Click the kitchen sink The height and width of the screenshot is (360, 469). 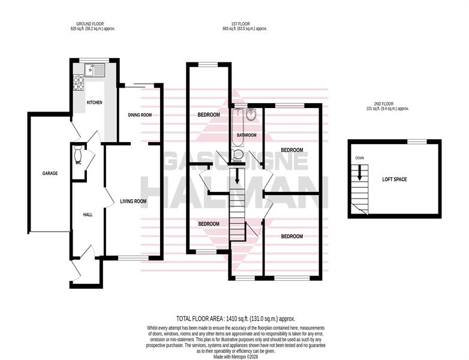coord(95,70)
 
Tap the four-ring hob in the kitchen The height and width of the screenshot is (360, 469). coord(79,83)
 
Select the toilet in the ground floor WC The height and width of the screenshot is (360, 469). coord(78,153)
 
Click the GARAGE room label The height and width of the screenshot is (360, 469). coord(50,173)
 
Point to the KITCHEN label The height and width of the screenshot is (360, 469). coord(95,103)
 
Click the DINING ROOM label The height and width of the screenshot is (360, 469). coord(140,115)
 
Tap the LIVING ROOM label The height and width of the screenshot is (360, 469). coord(133,202)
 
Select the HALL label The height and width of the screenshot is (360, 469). coord(88,215)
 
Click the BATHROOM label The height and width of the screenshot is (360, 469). coord(246,135)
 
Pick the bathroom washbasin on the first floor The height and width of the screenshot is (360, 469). coord(251,115)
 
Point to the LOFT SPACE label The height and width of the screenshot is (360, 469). coord(395,179)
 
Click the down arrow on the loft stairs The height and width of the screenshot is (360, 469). coord(359,172)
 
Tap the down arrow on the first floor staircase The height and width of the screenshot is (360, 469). coord(237,176)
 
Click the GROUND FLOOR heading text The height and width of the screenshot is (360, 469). coord(90,24)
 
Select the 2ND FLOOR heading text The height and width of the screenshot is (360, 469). coord(387,104)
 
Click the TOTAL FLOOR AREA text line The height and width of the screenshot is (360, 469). coord(236,319)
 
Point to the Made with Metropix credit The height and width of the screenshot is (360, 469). coord(236,357)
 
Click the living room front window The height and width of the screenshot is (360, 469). coord(133,258)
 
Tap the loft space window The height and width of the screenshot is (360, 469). coord(417,142)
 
